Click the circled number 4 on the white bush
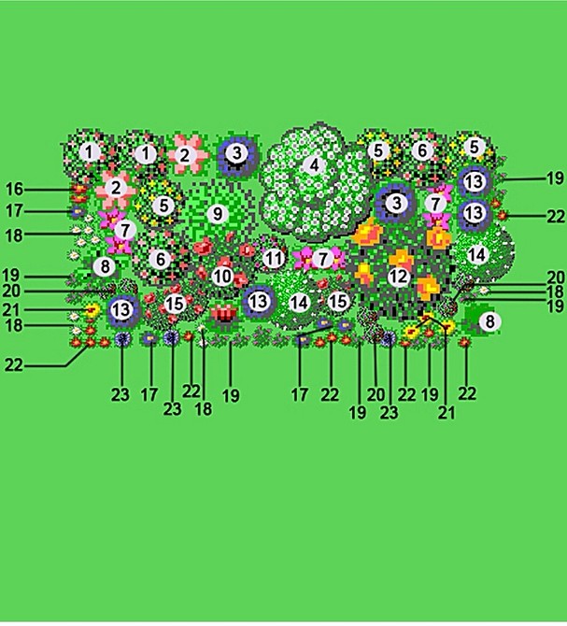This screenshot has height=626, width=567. click(315, 164)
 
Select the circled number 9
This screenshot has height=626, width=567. click(218, 214)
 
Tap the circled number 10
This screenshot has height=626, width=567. click(222, 277)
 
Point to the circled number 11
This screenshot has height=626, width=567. click(274, 258)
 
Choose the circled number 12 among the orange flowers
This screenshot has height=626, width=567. click(399, 277)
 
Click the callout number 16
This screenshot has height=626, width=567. click(14, 189)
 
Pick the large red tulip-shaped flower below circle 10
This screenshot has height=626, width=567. click(224, 313)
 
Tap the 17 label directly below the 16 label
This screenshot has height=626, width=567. click(14, 210)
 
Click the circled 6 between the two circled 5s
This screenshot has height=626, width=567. click(422, 150)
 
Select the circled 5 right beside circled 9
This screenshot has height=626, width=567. click(164, 206)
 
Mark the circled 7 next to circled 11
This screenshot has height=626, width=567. click(322, 259)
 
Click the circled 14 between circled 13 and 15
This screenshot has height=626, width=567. click(299, 303)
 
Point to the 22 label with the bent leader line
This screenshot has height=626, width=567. click(14, 365)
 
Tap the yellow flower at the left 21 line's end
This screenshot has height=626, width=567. click(92, 310)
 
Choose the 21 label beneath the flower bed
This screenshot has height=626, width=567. click(447, 413)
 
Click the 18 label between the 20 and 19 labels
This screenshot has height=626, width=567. click(557, 291)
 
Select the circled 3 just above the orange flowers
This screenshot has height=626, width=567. click(396, 203)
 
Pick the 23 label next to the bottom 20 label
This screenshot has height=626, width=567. click(389, 413)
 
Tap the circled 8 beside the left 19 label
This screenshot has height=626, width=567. click(105, 266)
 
